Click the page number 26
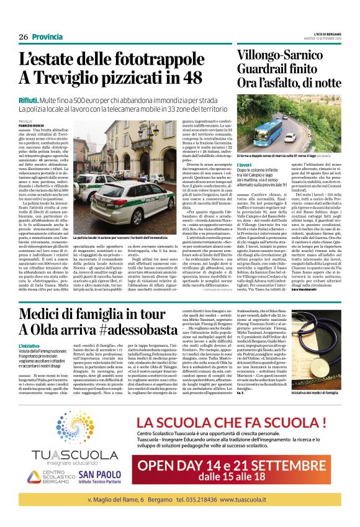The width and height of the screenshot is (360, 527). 23,37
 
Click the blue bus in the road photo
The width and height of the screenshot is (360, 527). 274,130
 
